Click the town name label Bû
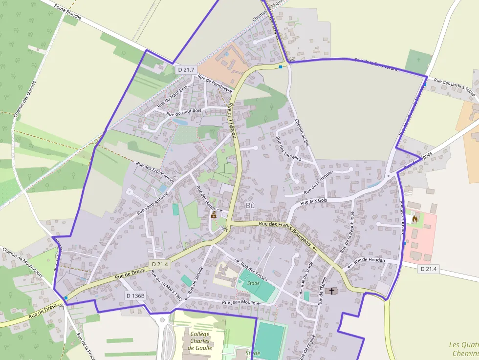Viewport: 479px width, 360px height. (251, 205)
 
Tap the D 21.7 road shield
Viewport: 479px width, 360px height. (186, 70)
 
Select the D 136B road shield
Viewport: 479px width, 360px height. (135, 296)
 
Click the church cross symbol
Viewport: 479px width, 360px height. (332, 291)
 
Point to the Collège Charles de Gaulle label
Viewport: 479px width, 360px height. (201, 341)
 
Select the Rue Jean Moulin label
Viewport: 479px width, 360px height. (239, 302)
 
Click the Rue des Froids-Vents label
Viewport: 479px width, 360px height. (155, 172)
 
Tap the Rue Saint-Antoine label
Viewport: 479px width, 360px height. (153, 202)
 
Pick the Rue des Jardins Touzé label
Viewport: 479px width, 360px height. (455, 87)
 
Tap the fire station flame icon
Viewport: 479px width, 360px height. (415, 219)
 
